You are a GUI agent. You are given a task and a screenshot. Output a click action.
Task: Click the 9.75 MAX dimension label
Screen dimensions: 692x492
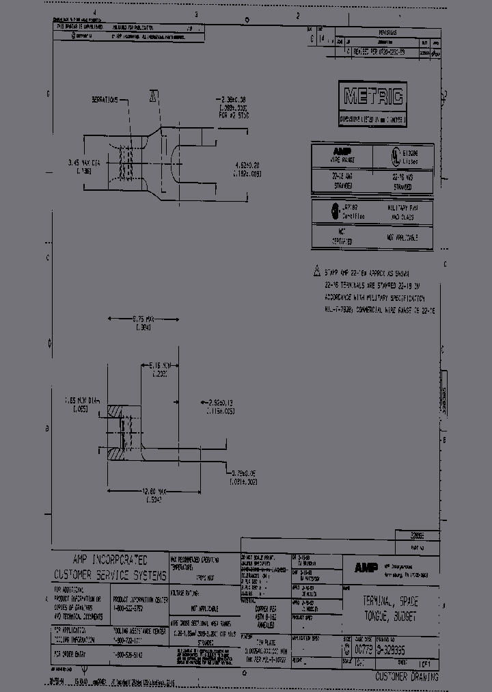[x=143, y=319]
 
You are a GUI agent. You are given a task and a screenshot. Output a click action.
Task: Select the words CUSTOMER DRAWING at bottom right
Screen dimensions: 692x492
[x=407, y=677]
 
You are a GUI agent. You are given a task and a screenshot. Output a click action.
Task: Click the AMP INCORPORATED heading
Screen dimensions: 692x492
[x=109, y=560]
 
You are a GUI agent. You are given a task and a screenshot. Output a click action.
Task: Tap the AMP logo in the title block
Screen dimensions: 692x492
[x=363, y=568]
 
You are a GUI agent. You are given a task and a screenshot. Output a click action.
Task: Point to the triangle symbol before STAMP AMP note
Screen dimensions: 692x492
[x=316, y=269]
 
